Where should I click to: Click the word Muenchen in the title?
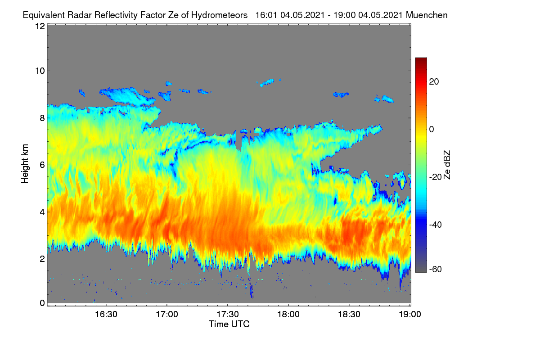(x=427, y=15)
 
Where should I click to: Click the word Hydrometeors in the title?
(x=219, y=15)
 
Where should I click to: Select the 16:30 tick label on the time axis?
(x=106, y=315)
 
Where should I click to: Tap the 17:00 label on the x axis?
(x=167, y=315)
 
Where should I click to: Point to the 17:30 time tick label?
(x=228, y=315)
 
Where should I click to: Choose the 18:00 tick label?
(x=288, y=315)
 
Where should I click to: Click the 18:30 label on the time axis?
(x=349, y=315)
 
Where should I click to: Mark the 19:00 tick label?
(x=410, y=315)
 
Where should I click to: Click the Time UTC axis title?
(x=229, y=324)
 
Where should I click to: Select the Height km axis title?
(x=25, y=164)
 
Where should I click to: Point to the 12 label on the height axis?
(x=40, y=26)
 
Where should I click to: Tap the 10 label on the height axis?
(x=40, y=71)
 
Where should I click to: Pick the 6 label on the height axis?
(x=42, y=165)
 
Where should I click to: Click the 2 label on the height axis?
(x=42, y=259)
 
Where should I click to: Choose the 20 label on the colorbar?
(x=434, y=82)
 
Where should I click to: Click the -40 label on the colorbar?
(x=435, y=225)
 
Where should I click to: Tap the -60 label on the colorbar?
(x=435, y=270)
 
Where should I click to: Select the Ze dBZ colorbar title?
(x=447, y=165)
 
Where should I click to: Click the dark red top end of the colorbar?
(x=421, y=59)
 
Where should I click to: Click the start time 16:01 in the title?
(x=266, y=15)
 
